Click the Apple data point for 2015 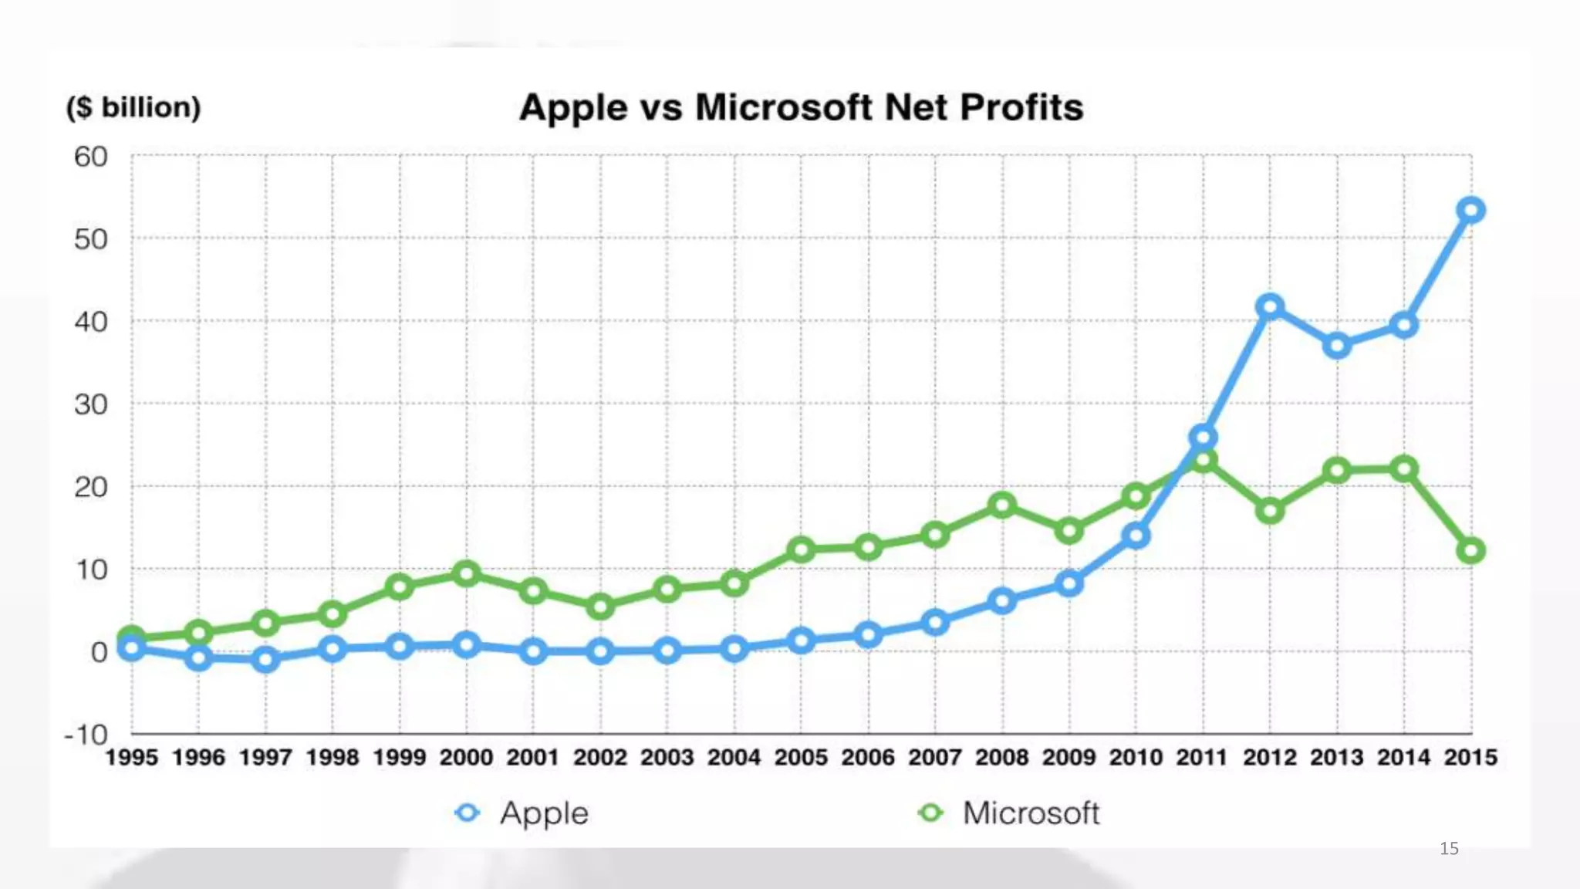(x=1471, y=210)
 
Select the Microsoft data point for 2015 (x=1471, y=551)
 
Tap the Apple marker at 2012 (x=1270, y=307)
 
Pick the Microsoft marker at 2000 (x=466, y=573)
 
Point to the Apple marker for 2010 (x=1136, y=535)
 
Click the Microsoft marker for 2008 (x=1002, y=505)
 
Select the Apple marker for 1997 (x=265, y=659)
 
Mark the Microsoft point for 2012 (x=1270, y=510)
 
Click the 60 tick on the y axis (x=91, y=157)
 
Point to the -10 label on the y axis (x=86, y=734)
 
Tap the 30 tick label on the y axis (x=91, y=404)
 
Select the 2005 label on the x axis (x=801, y=757)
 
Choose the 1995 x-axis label (x=131, y=757)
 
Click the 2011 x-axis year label (x=1202, y=757)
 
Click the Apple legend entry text (x=544, y=813)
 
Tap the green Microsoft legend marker (x=931, y=813)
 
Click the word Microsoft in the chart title (x=784, y=107)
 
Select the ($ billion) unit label (x=133, y=107)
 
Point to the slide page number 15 (x=1449, y=848)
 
